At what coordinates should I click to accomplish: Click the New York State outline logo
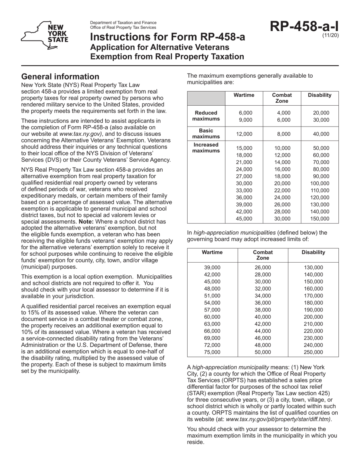(45, 35)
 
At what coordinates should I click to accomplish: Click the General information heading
(60, 77)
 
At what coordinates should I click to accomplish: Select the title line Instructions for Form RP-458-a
(167, 37)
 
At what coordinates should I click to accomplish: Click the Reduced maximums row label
(206, 116)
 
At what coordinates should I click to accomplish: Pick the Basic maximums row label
(206, 133)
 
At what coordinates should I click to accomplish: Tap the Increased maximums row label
(206, 148)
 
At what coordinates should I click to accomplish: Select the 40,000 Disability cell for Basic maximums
(320, 134)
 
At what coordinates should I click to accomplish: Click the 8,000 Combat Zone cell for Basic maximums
(282, 134)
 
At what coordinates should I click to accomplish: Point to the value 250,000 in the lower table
(313, 352)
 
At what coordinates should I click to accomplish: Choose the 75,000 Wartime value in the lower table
(212, 352)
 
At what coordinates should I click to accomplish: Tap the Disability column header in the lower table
(313, 252)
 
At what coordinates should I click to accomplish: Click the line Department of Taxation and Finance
(123, 23)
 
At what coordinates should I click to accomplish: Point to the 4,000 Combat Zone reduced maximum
(282, 113)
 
